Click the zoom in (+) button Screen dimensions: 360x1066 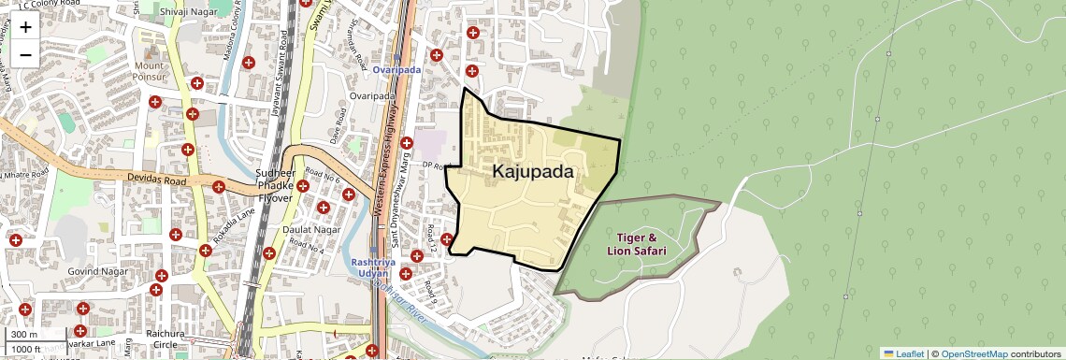pos(25,27)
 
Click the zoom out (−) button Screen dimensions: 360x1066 pos(25,54)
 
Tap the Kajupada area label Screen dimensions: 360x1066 pos(533,172)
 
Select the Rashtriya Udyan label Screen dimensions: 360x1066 pos(374,267)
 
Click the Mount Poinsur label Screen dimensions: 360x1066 pos(150,72)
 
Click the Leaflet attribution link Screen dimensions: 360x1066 pos(903,353)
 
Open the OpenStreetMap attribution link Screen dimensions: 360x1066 pos(973,353)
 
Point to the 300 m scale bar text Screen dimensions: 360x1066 pos(24,335)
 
